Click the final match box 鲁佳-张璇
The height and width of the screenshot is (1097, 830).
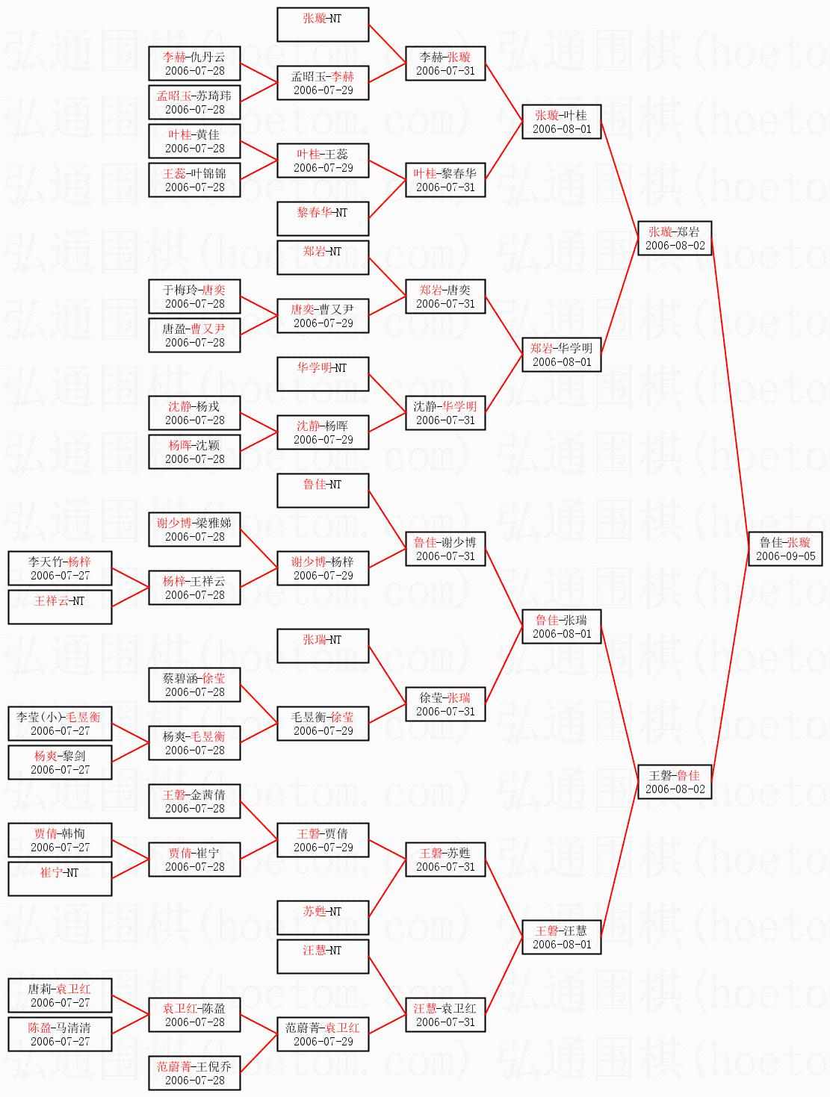[x=784, y=548]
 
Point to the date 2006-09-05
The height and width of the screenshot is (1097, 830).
[x=785, y=556]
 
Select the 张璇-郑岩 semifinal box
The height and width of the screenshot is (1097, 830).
[x=674, y=238]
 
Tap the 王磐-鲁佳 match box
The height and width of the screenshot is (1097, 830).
[x=674, y=782]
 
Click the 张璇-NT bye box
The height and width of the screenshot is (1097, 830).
[x=323, y=25]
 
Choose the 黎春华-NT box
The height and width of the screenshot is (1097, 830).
[x=323, y=219]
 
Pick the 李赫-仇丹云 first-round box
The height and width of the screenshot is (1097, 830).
[x=194, y=63]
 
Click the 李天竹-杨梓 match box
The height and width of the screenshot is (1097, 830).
[x=60, y=568]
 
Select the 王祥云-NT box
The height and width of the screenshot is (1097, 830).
[x=60, y=607]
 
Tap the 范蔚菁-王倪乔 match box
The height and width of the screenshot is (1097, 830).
[x=194, y=1073]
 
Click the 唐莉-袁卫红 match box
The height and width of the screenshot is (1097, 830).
[x=60, y=995]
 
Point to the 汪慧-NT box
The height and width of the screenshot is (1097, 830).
[x=323, y=957]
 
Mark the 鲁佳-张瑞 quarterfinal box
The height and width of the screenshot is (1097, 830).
[x=561, y=627]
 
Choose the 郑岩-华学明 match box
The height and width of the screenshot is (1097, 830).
[x=561, y=355]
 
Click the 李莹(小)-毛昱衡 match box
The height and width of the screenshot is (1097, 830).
[x=60, y=724]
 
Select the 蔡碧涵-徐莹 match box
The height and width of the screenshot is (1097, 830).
[x=194, y=685]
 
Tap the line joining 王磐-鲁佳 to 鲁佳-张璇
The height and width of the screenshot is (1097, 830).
[x=729, y=665]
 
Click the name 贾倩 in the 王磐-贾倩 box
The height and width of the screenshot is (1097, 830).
[x=335, y=833]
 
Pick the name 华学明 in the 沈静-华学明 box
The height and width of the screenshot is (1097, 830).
[x=459, y=406]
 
